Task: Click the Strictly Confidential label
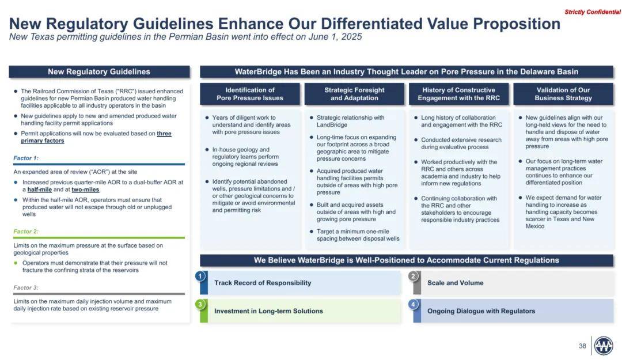[593, 12]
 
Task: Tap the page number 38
[582, 346]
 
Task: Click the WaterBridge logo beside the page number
[604, 346]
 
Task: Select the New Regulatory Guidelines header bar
[99, 72]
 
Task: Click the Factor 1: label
[26, 158]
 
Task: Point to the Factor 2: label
[26, 232]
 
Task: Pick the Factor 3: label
[26, 287]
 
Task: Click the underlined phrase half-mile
[40, 190]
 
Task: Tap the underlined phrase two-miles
[85, 190]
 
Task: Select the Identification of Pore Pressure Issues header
[250, 94]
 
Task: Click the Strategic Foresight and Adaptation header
[354, 94]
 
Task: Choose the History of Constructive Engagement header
[458, 94]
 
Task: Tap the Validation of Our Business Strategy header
[563, 94]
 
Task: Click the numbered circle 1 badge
[200, 276]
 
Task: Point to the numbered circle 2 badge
[414, 276]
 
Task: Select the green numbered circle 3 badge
[200, 305]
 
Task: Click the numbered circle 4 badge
[414, 305]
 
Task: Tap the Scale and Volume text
[456, 283]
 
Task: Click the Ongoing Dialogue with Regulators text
[481, 311]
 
